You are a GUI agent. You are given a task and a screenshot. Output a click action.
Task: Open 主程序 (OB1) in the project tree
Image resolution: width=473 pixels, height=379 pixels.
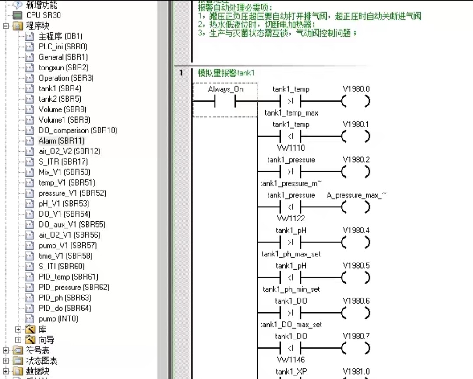point(60,36)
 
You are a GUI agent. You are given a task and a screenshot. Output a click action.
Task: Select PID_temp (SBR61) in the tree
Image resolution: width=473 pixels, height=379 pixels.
point(68,277)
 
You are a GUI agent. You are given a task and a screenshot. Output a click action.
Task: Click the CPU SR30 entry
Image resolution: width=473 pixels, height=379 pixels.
point(43,15)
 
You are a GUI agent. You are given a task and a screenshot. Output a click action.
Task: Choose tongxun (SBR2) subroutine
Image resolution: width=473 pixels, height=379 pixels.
point(64,68)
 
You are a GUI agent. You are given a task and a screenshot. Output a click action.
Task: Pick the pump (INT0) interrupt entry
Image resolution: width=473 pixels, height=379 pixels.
point(58,319)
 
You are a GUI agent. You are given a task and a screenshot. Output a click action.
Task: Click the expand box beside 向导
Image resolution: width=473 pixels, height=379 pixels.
point(18,340)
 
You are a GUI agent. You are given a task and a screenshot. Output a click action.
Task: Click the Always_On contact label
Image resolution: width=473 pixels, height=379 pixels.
point(226,90)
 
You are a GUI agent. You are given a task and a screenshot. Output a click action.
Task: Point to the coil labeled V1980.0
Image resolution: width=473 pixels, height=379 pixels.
point(356,89)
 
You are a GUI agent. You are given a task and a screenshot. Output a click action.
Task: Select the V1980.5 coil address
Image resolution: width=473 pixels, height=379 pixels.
point(356,266)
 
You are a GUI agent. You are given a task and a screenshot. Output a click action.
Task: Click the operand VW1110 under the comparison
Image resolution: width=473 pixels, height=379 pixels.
point(291,148)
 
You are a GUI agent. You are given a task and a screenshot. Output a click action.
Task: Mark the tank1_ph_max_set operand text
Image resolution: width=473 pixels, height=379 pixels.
point(291,254)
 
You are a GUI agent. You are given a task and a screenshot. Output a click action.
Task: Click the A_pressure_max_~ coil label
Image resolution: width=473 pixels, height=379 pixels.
point(357,195)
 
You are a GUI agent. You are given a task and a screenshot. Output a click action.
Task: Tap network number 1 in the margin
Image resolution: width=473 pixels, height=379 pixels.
point(181,73)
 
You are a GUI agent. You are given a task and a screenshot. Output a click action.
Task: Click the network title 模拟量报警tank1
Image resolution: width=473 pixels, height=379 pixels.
point(226,73)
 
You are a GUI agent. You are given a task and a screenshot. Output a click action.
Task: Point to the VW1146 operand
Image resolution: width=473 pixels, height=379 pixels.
point(291,360)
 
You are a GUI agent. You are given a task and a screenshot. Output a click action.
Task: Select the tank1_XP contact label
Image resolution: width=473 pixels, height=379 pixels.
point(291,372)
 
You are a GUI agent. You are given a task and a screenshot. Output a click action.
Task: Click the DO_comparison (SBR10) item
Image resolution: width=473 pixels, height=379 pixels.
point(78,130)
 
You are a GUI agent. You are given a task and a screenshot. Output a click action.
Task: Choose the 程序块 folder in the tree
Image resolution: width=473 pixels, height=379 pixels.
point(38,26)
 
